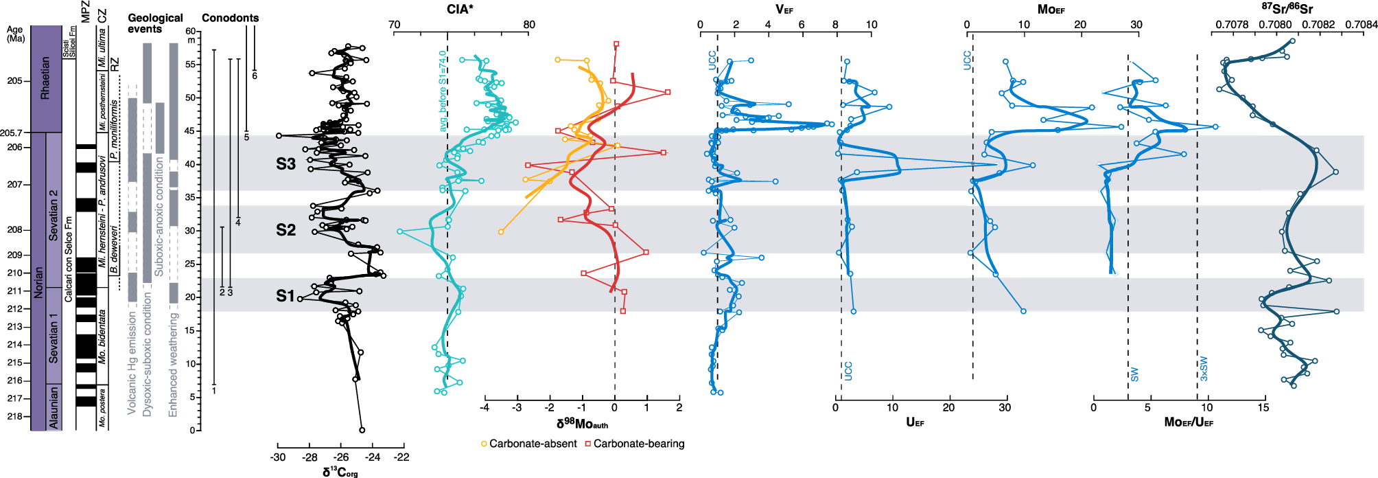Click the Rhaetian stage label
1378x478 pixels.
(45, 78)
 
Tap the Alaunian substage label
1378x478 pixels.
(54, 407)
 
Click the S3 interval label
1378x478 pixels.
(285, 164)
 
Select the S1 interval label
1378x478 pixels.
(285, 296)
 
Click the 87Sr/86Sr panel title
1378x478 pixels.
(1287, 9)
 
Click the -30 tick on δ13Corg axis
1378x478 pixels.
(278, 457)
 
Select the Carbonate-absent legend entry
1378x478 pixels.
(528, 444)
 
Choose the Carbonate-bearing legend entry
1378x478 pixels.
(634, 444)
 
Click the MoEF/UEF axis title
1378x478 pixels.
(1189, 422)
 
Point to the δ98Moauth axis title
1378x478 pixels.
(582, 424)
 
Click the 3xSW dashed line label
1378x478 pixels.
(1204, 369)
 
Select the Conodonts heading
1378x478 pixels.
(230, 18)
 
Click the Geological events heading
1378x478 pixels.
(155, 23)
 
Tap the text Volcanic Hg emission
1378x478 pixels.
(132, 362)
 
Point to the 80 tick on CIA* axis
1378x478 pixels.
(528, 25)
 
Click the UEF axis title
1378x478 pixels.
(915, 422)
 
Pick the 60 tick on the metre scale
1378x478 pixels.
(190, 31)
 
